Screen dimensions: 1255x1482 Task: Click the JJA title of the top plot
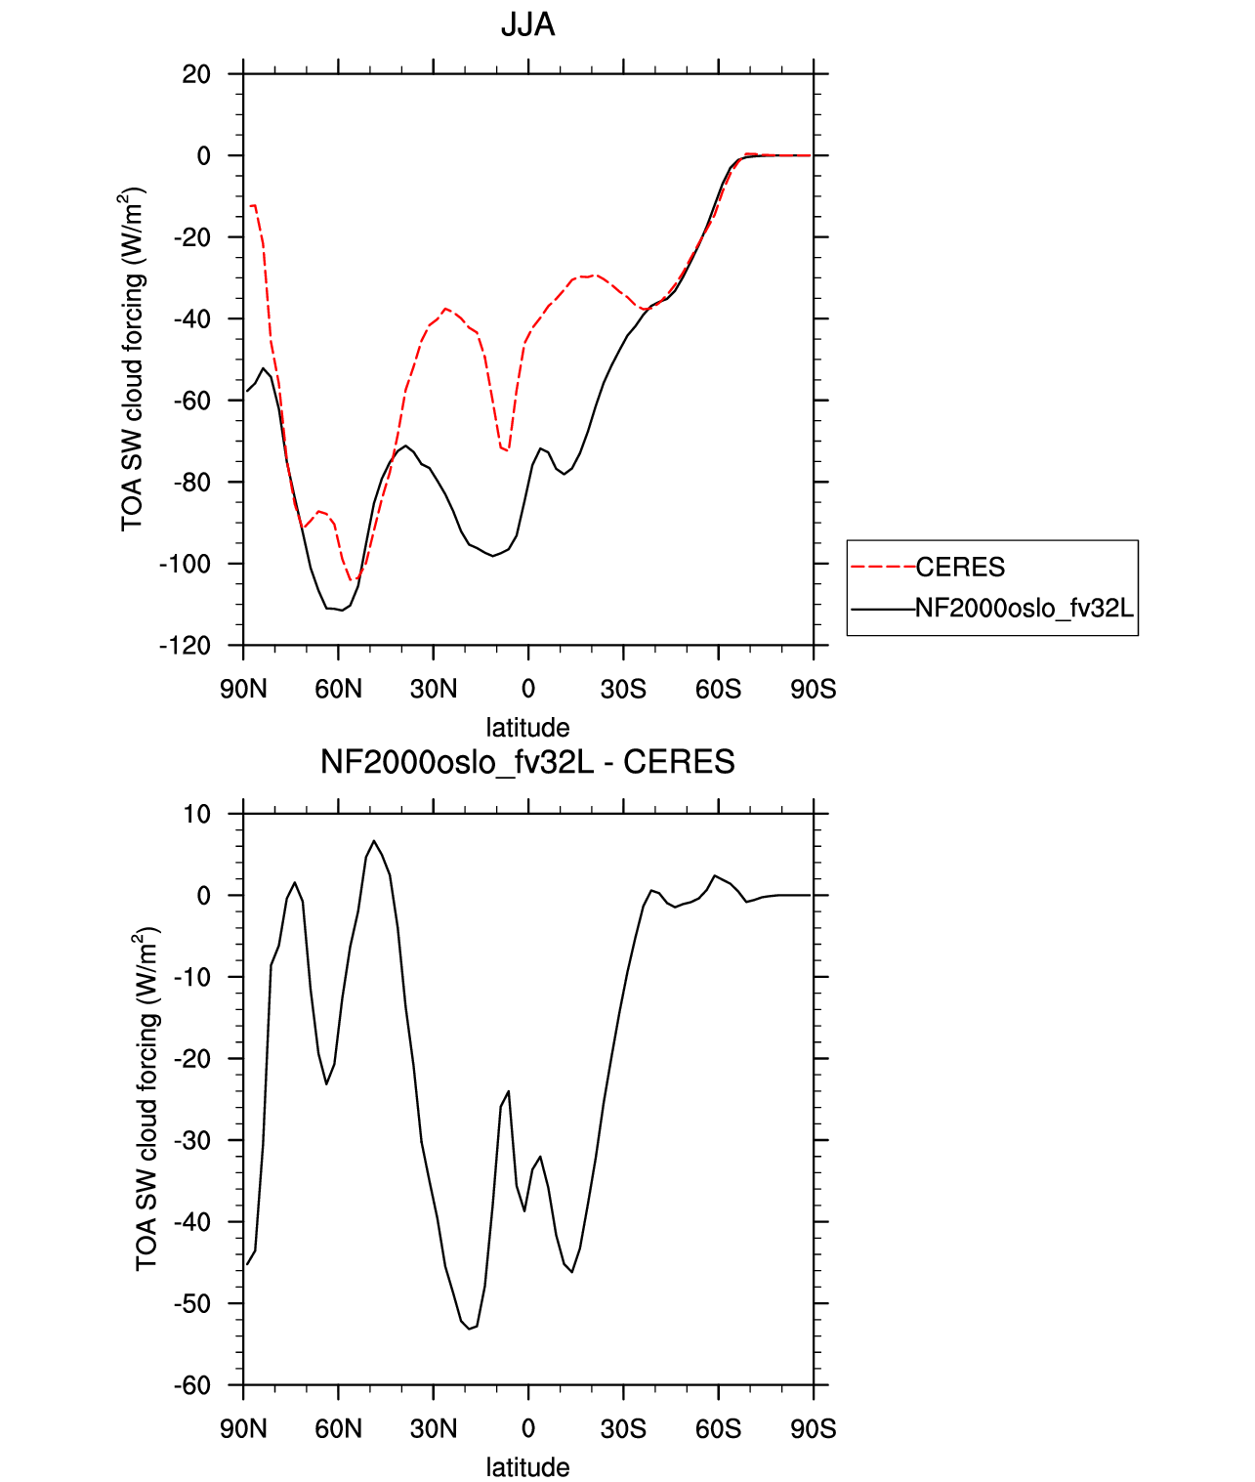click(527, 25)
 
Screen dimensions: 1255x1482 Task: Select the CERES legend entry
click(960, 568)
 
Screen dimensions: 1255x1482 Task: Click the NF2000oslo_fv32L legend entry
click(1025, 608)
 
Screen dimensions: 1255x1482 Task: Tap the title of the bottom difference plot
click(527, 761)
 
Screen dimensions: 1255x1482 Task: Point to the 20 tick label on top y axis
click(195, 74)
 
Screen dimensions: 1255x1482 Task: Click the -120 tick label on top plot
click(185, 646)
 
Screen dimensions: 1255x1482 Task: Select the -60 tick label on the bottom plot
click(192, 1386)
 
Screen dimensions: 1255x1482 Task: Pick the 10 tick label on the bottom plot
click(195, 815)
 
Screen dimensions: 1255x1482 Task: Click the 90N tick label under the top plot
click(244, 689)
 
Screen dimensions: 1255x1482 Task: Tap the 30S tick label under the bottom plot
click(623, 1429)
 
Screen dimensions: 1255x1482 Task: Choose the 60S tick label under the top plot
click(718, 689)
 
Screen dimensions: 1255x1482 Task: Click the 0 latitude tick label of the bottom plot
click(528, 1429)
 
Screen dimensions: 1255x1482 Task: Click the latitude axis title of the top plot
click(527, 728)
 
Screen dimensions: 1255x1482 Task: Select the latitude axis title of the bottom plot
click(527, 1467)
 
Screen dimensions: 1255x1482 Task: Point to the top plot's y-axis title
click(133, 360)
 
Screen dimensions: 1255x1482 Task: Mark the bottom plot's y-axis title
click(146, 1099)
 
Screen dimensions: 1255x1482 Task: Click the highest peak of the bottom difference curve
click(373, 840)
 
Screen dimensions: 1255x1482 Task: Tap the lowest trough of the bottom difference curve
click(470, 1329)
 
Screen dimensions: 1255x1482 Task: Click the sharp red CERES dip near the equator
click(507, 449)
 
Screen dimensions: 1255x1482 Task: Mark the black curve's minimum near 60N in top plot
click(341, 610)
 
